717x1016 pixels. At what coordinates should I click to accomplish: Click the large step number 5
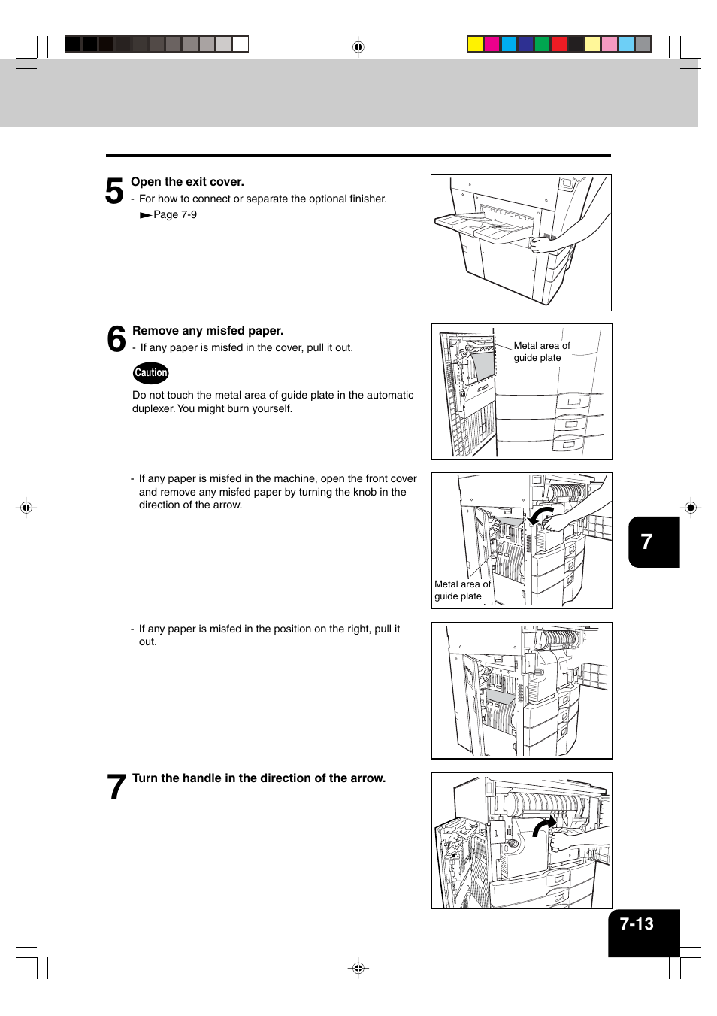(114, 191)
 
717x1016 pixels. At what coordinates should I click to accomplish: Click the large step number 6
(116, 339)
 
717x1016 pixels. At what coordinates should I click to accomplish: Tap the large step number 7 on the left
(116, 787)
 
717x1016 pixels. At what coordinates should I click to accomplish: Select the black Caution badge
(151, 373)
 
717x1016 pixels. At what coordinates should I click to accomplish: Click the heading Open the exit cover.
(187, 182)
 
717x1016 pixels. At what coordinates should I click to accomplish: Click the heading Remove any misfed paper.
(207, 331)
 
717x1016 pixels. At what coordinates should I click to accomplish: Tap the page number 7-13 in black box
(637, 924)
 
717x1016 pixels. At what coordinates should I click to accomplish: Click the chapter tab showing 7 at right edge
(647, 541)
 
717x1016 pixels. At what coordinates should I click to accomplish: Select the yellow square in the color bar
(475, 44)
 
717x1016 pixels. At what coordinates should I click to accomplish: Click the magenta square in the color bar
(492, 44)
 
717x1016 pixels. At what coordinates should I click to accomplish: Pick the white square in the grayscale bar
(241, 44)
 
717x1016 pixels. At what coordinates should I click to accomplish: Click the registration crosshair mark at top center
(358, 47)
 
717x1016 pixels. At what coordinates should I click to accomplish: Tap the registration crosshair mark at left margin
(26, 508)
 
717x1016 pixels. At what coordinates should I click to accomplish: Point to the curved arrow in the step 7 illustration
(544, 826)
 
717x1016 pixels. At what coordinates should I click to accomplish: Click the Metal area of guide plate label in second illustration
(541, 352)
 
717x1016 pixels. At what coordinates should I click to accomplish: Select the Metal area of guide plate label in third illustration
(461, 590)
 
